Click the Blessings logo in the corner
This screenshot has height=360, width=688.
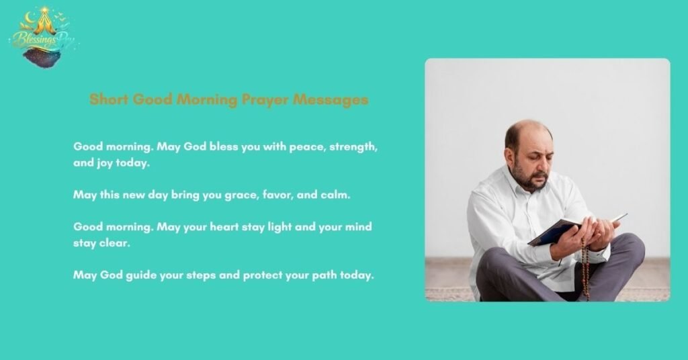[x=42, y=38]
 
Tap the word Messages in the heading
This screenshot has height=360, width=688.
[x=335, y=99]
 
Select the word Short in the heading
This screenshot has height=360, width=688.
[x=109, y=99]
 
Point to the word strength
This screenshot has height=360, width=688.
[x=355, y=146]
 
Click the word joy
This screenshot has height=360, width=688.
[x=105, y=163]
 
